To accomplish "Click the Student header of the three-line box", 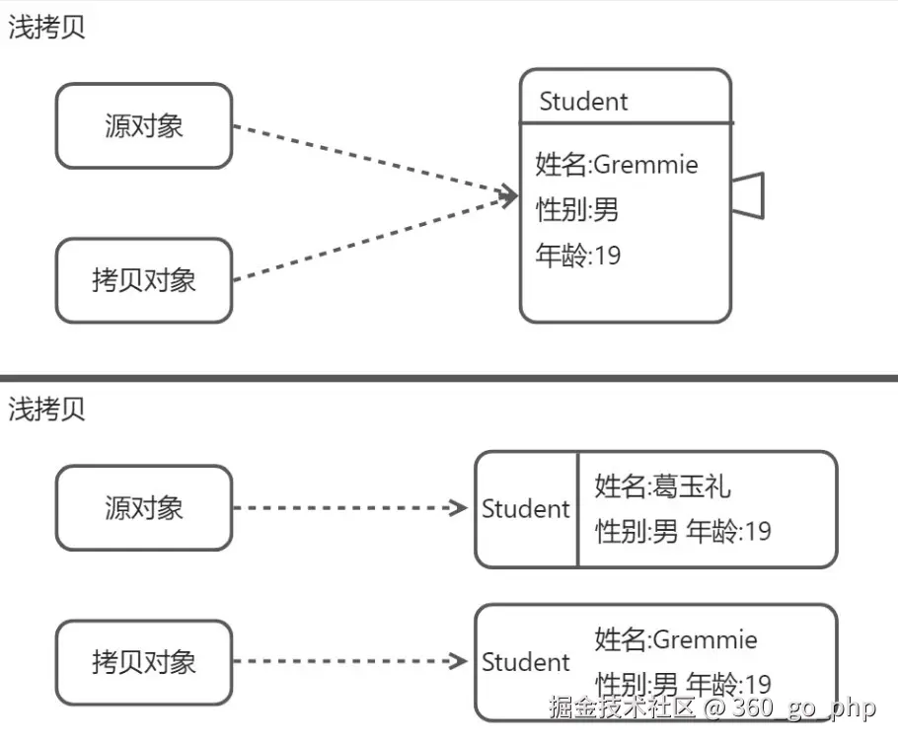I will pyautogui.click(x=583, y=101).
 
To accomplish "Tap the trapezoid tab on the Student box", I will pyautogui.click(x=748, y=194).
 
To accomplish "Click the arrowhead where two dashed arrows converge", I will pyautogui.click(x=510, y=195).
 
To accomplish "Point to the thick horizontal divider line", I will pyautogui.click(x=449, y=377).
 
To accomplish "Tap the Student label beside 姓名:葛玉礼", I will pyautogui.click(x=526, y=509).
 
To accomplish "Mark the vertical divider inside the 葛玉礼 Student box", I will pyautogui.click(x=577, y=509).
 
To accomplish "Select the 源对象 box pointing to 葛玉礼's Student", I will pyautogui.click(x=144, y=508).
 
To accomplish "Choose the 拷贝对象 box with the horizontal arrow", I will pyautogui.click(x=144, y=662).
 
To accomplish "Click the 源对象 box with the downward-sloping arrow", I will pyautogui.click(x=144, y=125).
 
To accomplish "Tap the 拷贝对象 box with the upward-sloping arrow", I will pyautogui.click(x=144, y=280).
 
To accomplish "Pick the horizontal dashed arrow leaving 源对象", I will pyautogui.click(x=350, y=508).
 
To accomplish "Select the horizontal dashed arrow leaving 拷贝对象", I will pyautogui.click(x=350, y=661).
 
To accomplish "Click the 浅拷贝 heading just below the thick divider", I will pyautogui.click(x=47, y=409).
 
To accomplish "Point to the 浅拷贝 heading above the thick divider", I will pyautogui.click(x=47, y=28).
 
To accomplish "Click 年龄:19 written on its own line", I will pyautogui.click(x=578, y=257).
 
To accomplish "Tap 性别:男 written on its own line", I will pyautogui.click(x=577, y=210).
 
